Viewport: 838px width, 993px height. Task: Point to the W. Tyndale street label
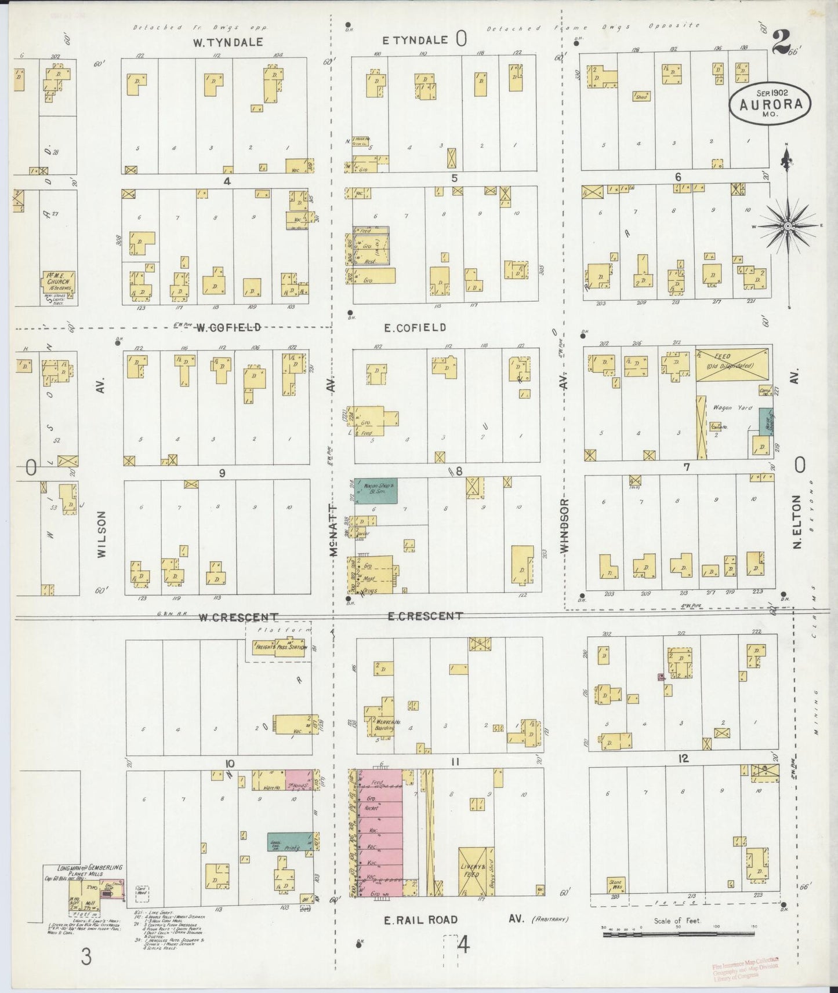point(228,42)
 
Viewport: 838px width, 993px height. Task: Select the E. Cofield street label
point(415,327)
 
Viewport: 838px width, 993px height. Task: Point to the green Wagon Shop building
point(375,490)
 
